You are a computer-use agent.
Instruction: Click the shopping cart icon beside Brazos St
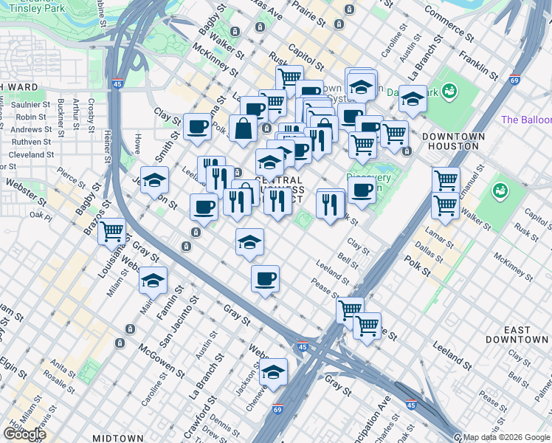point(111,232)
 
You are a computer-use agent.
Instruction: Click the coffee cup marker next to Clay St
point(197,127)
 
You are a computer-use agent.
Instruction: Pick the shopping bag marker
point(243,129)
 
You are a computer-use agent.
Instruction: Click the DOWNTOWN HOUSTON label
point(453,141)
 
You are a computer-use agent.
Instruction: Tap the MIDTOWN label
point(118,438)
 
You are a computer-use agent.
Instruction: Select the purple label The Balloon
point(525,120)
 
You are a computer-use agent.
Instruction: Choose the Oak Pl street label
point(41,216)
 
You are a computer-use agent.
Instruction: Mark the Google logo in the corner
point(24,434)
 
